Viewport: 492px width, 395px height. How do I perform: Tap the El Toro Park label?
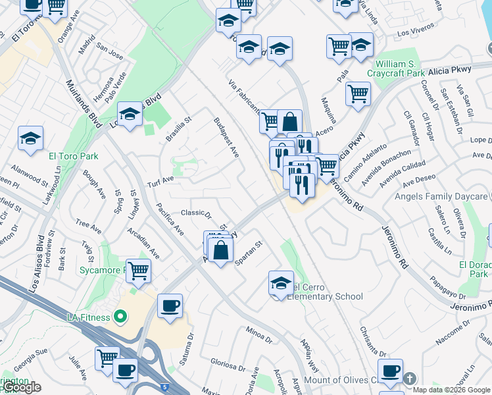click(x=73, y=156)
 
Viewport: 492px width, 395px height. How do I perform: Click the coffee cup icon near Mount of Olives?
click(x=390, y=371)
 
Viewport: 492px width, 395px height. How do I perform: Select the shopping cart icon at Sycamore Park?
click(x=138, y=269)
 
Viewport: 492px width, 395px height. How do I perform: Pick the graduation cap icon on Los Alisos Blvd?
click(x=130, y=115)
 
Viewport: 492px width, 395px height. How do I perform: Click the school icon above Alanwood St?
click(x=30, y=138)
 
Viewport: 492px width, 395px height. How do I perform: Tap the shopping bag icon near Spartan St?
click(x=222, y=249)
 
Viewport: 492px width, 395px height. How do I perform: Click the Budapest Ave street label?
click(x=226, y=138)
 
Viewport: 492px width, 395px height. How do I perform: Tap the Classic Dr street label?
click(x=196, y=213)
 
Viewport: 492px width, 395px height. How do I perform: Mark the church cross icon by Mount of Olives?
click(x=410, y=379)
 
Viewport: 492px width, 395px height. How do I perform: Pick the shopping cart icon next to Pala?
click(x=357, y=93)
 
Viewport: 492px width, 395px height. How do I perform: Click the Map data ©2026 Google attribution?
click(x=451, y=389)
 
